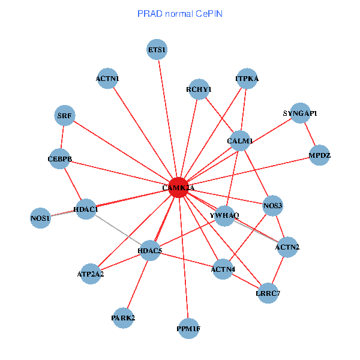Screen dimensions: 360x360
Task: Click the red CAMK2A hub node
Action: pyautogui.click(x=178, y=187)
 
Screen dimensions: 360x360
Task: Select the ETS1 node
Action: pyautogui.click(x=157, y=50)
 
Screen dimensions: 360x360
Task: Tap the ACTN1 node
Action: pyautogui.click(x=107, y=79)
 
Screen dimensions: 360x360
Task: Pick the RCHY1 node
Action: pyautogui.click(x=199, y=89)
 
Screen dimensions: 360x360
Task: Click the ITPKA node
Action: pyautogui.click(x=247, y=79)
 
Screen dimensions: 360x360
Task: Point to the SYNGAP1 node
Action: pyautogui.click(x=300, y=113)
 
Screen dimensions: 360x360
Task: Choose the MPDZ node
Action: pyautogui.click(x=319, y=155)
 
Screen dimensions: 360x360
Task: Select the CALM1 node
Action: pyautogui.click(x=240, y=141)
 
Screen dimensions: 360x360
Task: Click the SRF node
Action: pyautogui.click(x=65, y=115)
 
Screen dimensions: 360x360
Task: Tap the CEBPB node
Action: pyautogui.click(x=60, y=159)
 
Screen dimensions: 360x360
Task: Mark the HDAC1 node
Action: pyautogui.click(x=85, y=209)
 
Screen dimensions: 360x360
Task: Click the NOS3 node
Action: pyautogui.click(x=273, y=206)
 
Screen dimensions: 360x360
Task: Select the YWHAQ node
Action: pyautogui.click(x=224, y=215)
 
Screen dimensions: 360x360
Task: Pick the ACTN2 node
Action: pyautogui.click(x=287, y=247)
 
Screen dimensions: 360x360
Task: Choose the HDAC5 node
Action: pyautogui.click(x=150, y=250)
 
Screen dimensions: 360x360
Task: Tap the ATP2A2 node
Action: pyautogui.click(x=91, y=274)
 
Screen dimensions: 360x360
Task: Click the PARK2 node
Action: pyautogui.click(x=123, y=317)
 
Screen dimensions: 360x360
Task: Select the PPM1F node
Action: pyautogui.click(x=188, y=328)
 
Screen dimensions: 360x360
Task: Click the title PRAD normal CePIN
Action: pyautogui.click(x=180, y=13)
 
